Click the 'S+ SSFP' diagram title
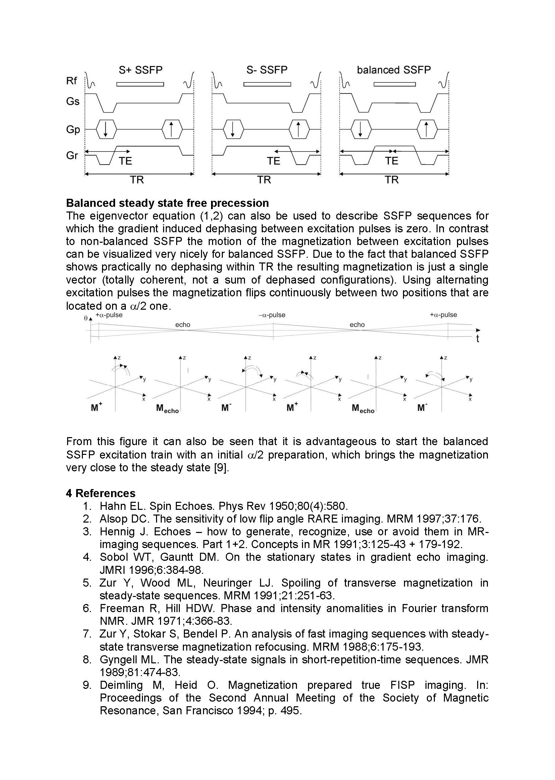141,70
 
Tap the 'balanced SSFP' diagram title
394,70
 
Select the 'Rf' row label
71,81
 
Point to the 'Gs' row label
72,101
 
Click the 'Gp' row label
73,129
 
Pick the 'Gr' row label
72,156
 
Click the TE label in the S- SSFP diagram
273,161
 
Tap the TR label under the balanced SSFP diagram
392,180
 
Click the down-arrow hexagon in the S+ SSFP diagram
106,129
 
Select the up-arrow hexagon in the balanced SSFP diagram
426,129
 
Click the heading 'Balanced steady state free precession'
167,203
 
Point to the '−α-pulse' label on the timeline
272,315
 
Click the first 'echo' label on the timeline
183,324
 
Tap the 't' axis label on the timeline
477,339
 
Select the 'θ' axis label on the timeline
86,318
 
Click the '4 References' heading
100,493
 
